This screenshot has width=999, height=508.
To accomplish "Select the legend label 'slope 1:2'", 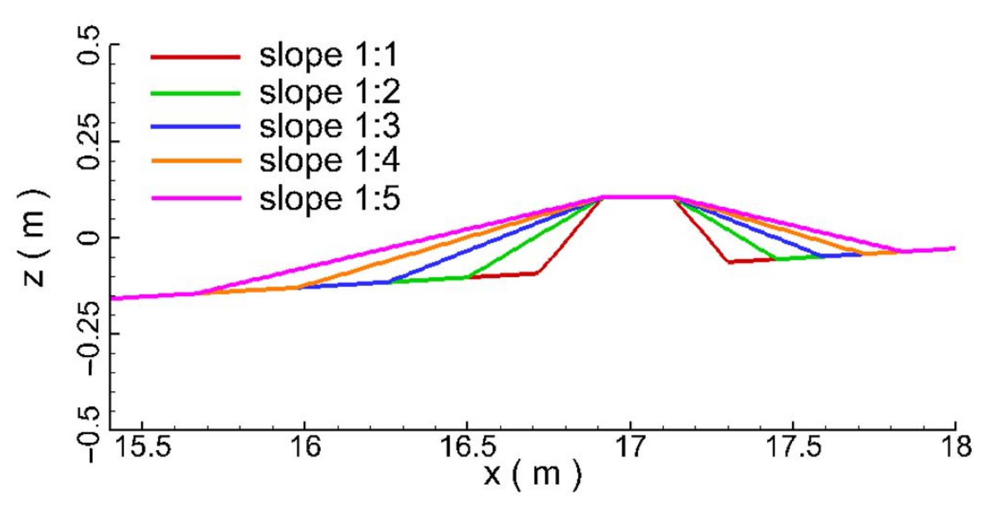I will (330, 92).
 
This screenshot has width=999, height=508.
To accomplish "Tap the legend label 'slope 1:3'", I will (330, 126).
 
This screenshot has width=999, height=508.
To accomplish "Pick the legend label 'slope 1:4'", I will (330, 160).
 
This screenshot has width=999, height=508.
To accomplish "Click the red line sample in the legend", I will (195, 57).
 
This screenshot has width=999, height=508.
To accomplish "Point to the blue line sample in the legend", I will (195, 127).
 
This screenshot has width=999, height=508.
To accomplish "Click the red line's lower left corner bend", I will (537, 273).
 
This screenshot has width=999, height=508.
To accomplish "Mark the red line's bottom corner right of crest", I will (729, 262).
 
